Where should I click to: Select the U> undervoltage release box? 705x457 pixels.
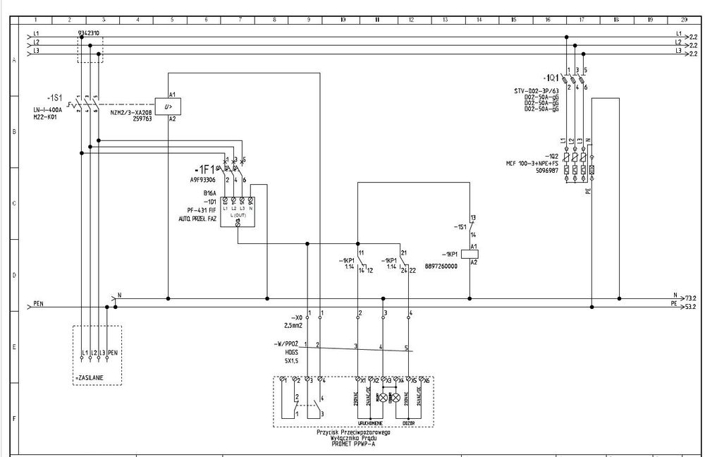[168, 106]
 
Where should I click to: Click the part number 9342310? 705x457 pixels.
[88, 32]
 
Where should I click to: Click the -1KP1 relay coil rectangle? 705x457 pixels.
[474, 253]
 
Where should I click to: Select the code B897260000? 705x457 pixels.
[442, 267]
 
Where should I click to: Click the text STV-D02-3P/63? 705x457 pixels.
[537, 91]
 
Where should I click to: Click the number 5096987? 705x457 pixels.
[546, 170]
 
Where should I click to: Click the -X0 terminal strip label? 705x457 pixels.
[295, 319]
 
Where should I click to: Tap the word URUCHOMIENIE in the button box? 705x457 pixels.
[370, 423]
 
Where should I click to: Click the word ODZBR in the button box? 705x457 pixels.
[408, 423]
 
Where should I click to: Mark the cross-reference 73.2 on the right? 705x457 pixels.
[691, 299]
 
